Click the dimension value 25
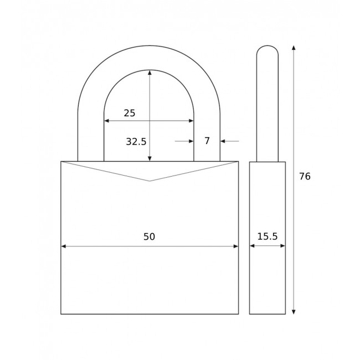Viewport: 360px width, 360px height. pyautogui.click(x=129, y=113)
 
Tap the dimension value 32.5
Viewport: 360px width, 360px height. pyautogui.click(x=136, y=142)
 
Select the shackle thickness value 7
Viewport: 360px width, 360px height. pyautogui.click(x=207, y=141)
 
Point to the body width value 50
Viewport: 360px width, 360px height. pyautogui.click(x=149, y=237)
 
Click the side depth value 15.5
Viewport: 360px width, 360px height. pyautogui.click(x=268, y=237)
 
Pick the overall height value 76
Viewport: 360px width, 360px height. pyautogui.click(x=305, y=177)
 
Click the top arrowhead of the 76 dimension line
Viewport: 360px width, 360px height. pyautogui.click(x=294, y=48)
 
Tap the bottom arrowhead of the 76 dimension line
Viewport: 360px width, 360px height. pyautogui.click(x=294, y=311)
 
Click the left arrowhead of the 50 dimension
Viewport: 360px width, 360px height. pyautogui.click(x=64, y=246)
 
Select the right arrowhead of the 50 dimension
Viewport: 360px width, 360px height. pyautogui.click(x=235, y=246)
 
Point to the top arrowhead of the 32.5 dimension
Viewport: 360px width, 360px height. pyautogui.click(x=150, y=73)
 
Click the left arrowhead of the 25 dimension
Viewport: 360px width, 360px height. pyautogui.click(x=107, y=121)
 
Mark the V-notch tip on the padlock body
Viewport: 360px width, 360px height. pyautogui.click(x=150, y=181)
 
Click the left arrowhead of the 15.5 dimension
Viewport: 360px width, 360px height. pyautogui.click(x=253, y=246)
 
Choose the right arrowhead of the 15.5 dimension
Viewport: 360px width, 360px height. pyautogui.click(x=282, y=246)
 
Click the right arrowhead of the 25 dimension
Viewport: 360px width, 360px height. pyautogui.click(x=191, y=121)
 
